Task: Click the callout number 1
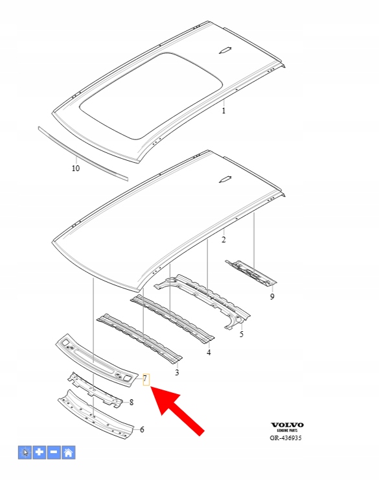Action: tap(224, 110)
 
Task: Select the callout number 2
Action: tap(224, 240)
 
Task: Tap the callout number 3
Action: tap(177, 372)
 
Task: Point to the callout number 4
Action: tap(209, 353)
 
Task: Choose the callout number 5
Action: tap(241, 334)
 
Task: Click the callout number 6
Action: tap(142, 429)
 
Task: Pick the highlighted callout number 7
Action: tap(146, 379)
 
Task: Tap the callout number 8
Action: tap(132, 402)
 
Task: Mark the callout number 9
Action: tap(272, 297)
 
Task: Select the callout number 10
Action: tap(76, 168)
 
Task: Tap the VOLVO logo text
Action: tap(287, 425)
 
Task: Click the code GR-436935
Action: tap(286, 438)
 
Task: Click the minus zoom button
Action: tap(54, 452)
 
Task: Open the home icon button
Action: tap(69, 452)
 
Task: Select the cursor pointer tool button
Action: tap(25, 452)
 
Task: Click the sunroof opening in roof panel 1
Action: tap(151, 95)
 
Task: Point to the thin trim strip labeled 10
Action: tap(83, 154)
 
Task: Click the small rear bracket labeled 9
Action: tap(251, 273)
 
